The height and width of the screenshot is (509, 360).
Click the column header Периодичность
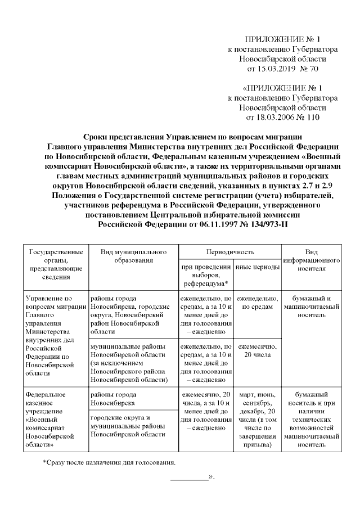229,252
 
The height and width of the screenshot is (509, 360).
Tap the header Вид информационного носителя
312,260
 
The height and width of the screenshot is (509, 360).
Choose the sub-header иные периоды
257,267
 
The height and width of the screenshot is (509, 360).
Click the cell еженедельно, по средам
257,302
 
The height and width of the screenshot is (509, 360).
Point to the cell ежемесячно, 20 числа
257,352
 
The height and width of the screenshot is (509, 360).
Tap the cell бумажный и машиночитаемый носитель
312,307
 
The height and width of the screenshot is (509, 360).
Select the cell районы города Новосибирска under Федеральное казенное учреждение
114,399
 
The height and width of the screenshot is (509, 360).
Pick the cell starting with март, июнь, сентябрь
257,419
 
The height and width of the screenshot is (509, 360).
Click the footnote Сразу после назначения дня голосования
109,463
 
